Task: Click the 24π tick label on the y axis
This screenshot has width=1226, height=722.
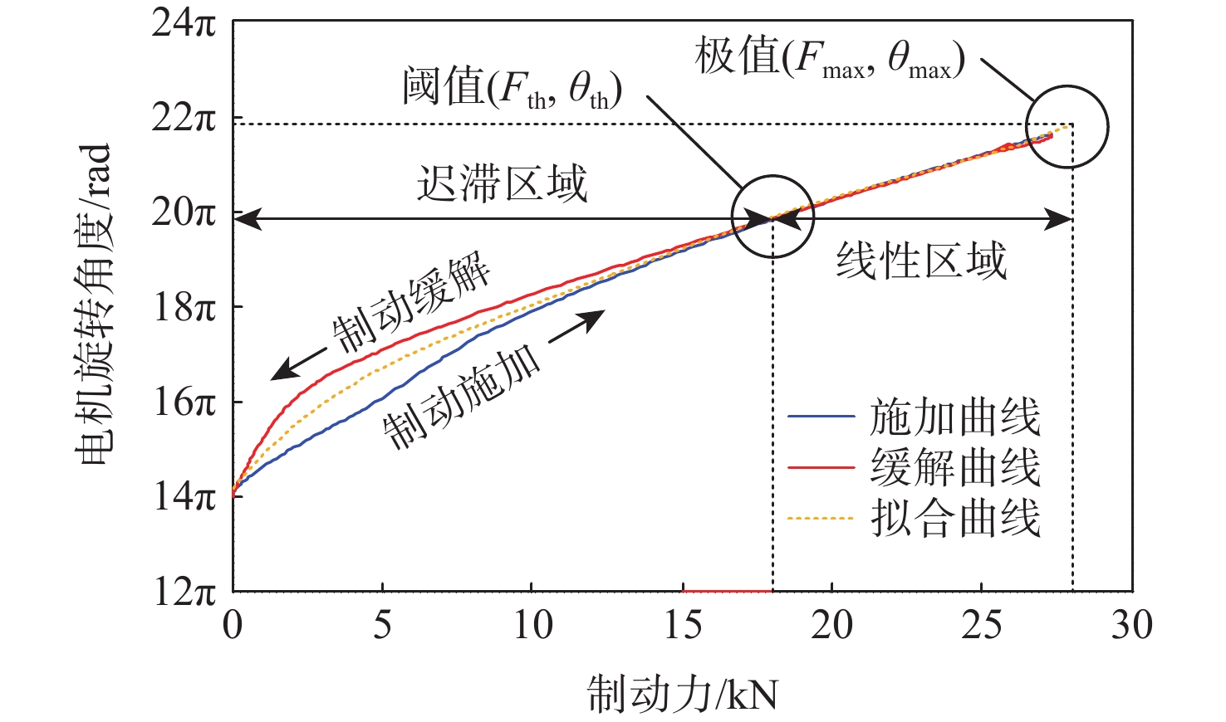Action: pos(184,22)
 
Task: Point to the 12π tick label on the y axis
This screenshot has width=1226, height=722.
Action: pos(184,592)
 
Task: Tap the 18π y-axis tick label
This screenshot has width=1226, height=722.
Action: pos(184,308)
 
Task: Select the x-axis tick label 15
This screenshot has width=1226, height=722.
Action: pos(683,625)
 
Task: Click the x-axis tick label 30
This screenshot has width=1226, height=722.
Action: pos(1131,625)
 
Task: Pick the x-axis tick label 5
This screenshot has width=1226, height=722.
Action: pos(382,625)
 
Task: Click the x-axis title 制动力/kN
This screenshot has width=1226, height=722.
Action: pos(683,694)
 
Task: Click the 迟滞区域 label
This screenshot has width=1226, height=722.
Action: pos(502,183)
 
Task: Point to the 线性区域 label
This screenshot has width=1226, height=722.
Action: pos(921,261)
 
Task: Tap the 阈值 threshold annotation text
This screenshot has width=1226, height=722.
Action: pos(512,87)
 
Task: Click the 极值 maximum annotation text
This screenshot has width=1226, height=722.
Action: pos(829,60)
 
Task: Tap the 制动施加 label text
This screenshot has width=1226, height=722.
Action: pos(462,397)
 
